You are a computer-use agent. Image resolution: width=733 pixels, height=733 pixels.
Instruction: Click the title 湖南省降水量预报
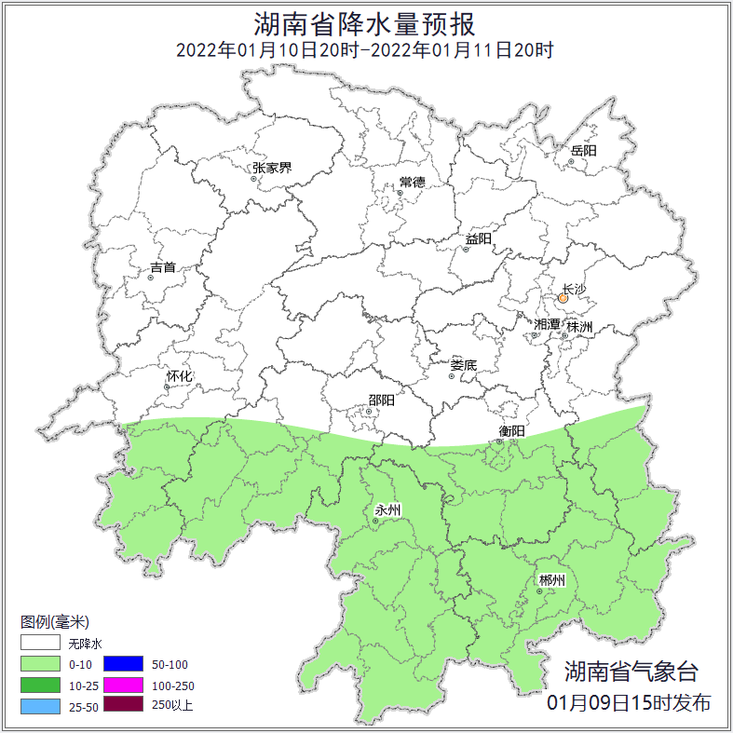click(x=365, y=22)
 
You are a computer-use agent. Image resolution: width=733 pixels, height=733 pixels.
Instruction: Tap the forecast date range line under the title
click(x=365, y=49)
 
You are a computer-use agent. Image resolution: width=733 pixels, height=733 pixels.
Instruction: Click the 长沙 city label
click(x=575, y=290)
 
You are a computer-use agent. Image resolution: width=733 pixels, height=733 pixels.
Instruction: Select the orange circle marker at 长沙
click(x=563, y=299)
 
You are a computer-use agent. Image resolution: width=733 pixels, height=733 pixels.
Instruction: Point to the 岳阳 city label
click(x=584, y=150)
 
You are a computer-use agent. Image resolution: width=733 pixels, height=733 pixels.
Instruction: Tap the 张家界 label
click(x=272, y=169)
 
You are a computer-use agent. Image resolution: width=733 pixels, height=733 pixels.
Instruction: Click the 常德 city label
click(x=412, y=182)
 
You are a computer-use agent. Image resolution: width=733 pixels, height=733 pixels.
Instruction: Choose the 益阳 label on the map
click(x=478, y=239)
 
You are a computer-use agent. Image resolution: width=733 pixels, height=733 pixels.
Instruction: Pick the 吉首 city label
click(x=163, y=267)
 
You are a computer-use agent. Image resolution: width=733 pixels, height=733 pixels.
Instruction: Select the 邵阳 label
click(x=381, y=400)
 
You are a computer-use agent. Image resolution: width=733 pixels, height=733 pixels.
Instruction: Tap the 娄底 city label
click(x=463, y=365)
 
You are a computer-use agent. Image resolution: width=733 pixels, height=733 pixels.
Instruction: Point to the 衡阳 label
click(x=512, y=431)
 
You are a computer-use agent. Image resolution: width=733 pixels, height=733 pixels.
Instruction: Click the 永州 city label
click(x=387, y=510)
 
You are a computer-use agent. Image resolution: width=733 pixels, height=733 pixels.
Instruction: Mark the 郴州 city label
click(x=551, y=580)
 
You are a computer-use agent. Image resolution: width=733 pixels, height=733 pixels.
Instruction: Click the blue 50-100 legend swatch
click(x=123, y=664)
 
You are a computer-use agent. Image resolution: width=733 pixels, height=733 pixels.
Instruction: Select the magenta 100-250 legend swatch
click(x=123, y=685)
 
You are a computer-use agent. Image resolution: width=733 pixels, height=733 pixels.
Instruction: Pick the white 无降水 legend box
click(x=39, y=644)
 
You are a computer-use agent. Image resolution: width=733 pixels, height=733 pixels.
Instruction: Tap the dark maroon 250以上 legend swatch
click(x=123, y=705)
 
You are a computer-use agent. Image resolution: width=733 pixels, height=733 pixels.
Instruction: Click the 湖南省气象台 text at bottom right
click(x=630, y=672)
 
